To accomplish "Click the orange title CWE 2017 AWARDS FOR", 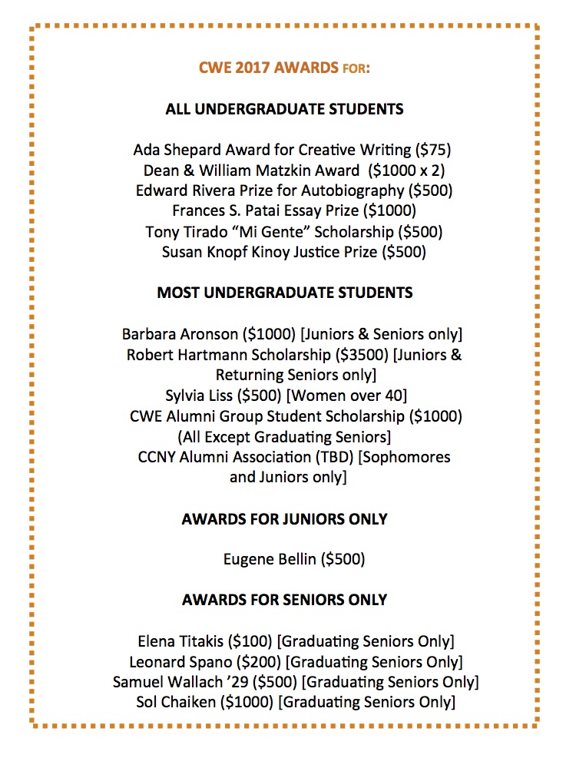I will tap(285, 69).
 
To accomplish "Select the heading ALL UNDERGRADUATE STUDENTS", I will tap(284, 109).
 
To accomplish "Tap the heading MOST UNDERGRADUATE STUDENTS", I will tap(284, 293).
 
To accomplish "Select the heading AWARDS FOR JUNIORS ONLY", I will tap(284, 519).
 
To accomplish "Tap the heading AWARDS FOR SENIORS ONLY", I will tap(284, 599).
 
